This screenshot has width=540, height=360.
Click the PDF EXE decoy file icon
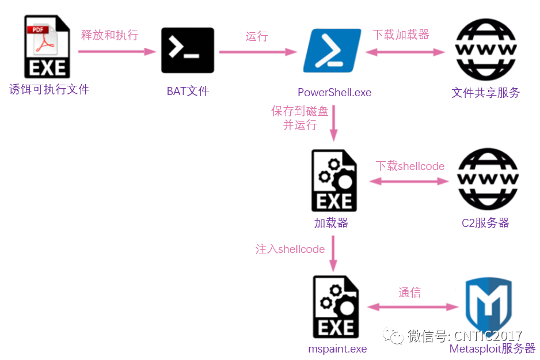point(47,47)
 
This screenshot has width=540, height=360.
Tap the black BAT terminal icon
point(187,51)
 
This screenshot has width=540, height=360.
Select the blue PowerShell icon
point(332,51)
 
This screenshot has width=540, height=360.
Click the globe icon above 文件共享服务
point(485,51)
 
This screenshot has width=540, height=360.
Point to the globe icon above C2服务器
point(487,180)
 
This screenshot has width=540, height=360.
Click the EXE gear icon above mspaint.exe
point(336,306)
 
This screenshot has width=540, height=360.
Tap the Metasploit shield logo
point(488,306)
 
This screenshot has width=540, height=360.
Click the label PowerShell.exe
point(334,92)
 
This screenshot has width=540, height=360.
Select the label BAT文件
point(188,91)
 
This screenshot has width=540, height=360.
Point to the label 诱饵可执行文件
point(50,89)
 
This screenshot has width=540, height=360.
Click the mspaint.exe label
point(337,349)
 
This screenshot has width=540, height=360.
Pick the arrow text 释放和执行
point(109,35)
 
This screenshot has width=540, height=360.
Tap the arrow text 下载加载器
point(401,35)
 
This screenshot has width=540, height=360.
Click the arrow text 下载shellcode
point(410,166)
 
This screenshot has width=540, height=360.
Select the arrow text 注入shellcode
point(290,249)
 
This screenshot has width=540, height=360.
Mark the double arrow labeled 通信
point(410,307)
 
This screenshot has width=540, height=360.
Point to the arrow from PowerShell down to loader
point(334,124)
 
